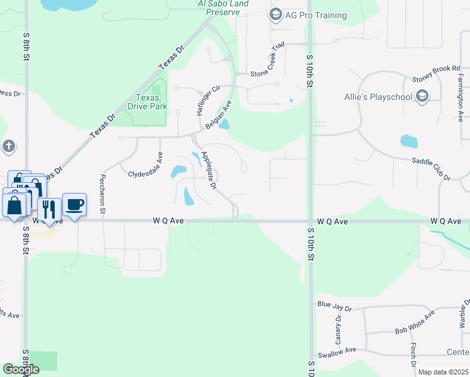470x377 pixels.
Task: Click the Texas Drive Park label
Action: pos(151,102)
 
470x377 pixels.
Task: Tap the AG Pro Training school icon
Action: pos(275,14)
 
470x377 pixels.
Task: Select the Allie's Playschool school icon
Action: pos(422,96)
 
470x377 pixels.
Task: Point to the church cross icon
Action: pos(8,146)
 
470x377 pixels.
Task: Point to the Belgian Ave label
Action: pos(219,114)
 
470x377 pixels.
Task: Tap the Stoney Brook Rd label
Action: pos(436,74)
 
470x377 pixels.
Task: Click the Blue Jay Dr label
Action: pos(335,305)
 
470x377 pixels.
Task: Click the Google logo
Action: pos(21,369)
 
